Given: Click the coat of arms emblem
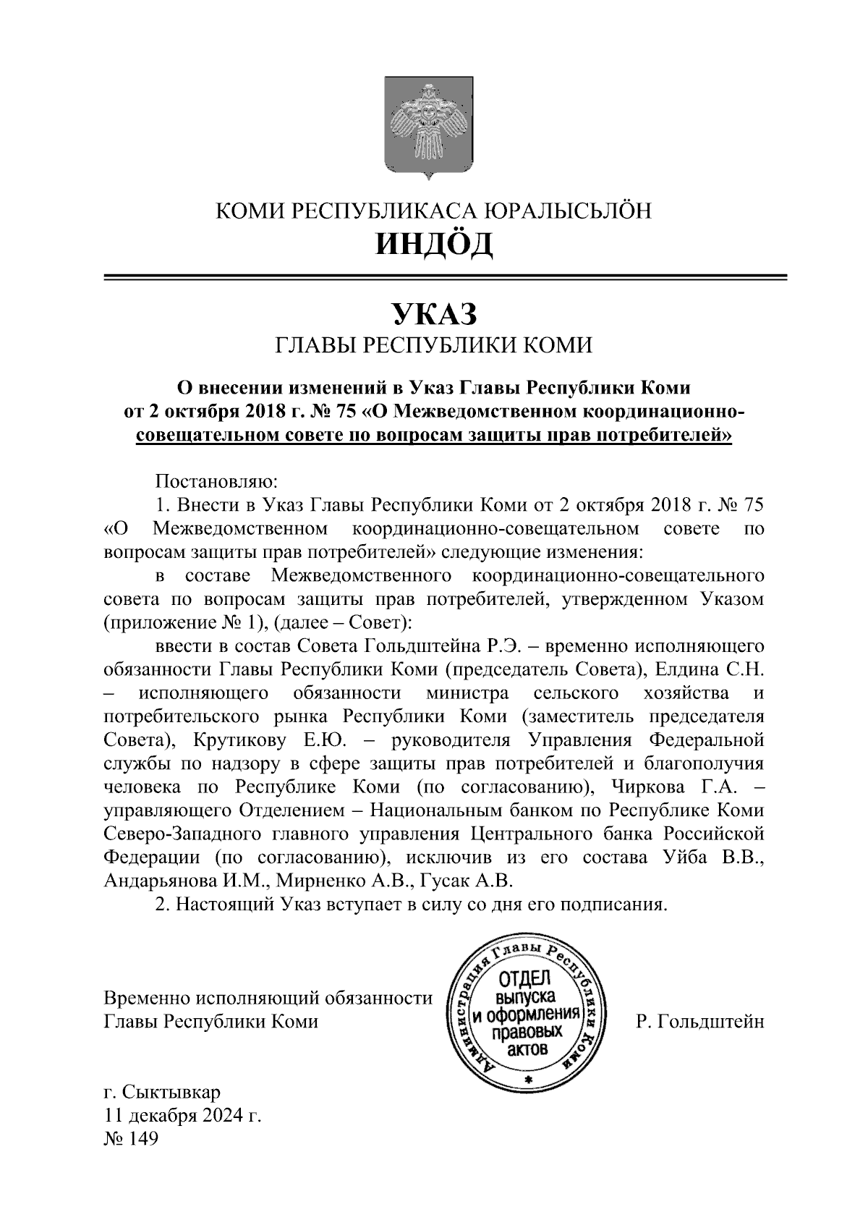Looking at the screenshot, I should point(427,129).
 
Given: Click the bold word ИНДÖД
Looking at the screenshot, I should point(434,245).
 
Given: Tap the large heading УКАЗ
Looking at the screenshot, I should point(434,313).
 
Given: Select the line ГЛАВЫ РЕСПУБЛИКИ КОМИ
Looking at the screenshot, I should point(434,345).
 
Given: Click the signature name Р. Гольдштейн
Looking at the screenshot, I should point(699,1022).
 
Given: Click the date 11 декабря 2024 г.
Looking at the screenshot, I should point(182,1115).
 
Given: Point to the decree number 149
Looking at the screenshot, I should point(142,1139).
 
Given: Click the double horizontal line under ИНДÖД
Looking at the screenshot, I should point(446,277).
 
